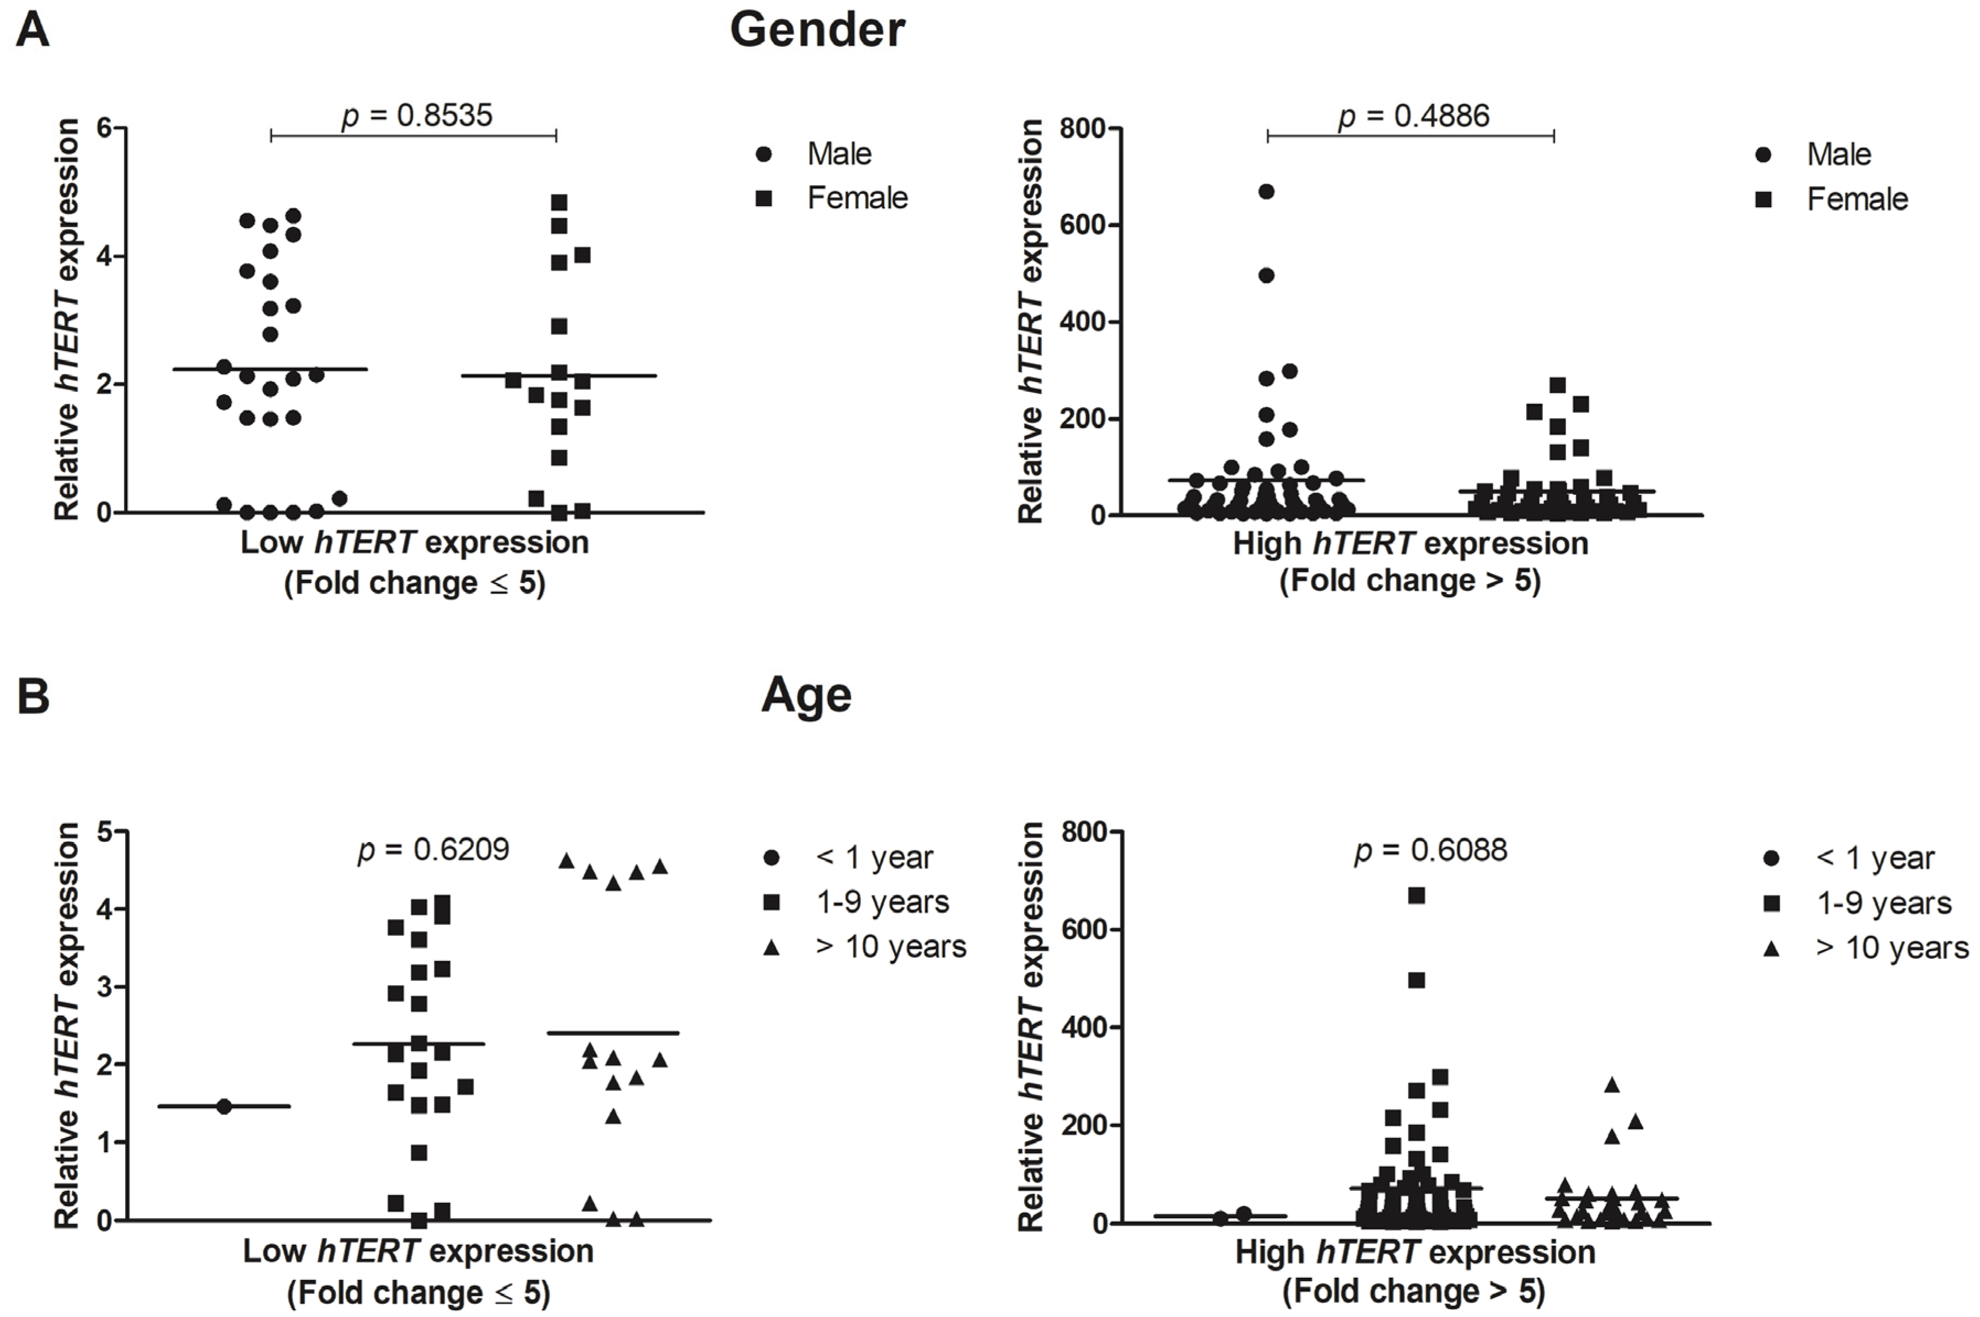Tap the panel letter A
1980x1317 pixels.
click(x=33, y=31)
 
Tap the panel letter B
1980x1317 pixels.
click(x=33, y=697)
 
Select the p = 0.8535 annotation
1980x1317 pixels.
click(x=417, y=115)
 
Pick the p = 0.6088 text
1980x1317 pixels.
click(x=1430, y=850)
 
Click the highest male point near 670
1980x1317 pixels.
click(x=1266, y=192)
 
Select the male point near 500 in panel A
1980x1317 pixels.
click(x=1266, y=276)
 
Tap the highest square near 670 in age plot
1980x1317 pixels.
click(x=1416, y=895)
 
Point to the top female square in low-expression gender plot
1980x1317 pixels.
click(x=558, y=202)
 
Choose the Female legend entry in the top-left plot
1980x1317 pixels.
click(x=856, y=198)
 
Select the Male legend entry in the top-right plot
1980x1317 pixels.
click(x=1837, y=154)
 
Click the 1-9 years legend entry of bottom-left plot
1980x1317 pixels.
click(x=881, y=902)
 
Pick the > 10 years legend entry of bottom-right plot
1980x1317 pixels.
click(x=1891, y=947)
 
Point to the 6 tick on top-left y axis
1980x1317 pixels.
click(x=104, y=128)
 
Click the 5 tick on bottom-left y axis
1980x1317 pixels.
click(x=104, y=832)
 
